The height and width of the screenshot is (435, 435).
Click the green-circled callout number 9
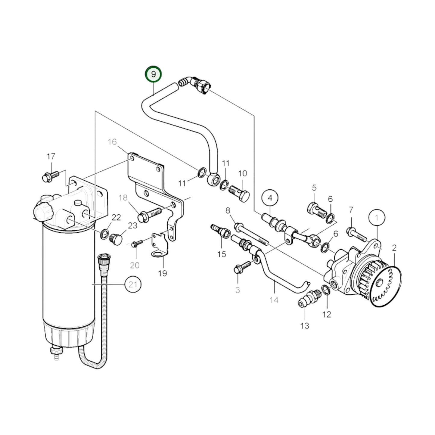pyautogui.click(x=154, y=74)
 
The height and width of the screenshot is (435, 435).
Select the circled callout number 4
pyautogui.click(x=270, y=198)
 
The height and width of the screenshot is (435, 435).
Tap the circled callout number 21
pyautogui.click(x=133, y=284)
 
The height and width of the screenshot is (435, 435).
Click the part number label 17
pyautogui.click(x=51, y=157)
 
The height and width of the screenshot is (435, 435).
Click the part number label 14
pyautogui.click(x=274, y=300)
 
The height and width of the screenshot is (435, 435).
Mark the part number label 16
pyautogui.click(x=112, y=142)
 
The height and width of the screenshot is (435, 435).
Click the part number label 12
pyautogui.click(x=327, y=314)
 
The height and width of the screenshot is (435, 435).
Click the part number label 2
pyautogui.click(x=394, y=248)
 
